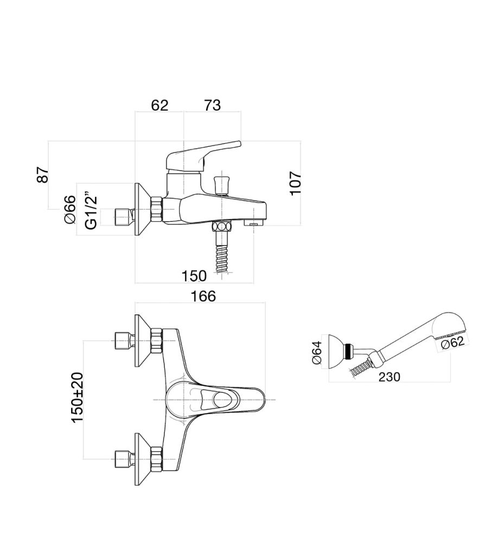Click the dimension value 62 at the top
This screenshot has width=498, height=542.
(159, 105)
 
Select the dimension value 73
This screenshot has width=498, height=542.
(212, 105)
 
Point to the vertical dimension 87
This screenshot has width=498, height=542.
(43, 175)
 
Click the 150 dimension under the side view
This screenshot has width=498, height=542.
(194, 276)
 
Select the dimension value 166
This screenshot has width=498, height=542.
(203, 296)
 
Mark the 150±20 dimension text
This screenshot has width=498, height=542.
(77, 398)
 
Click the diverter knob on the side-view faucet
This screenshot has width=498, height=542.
(221, 183)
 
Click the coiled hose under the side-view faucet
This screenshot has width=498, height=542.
(221, 258)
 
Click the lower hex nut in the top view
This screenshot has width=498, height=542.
(157, 459)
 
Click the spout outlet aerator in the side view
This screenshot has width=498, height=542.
(253, 222)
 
